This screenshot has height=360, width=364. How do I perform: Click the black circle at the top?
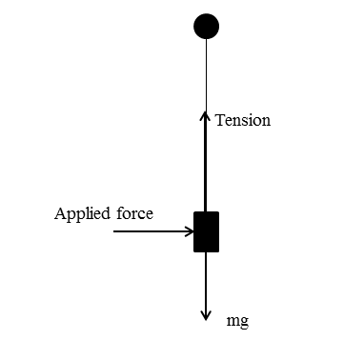[x=206, y=26]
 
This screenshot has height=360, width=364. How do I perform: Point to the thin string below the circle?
[x=206, y=71]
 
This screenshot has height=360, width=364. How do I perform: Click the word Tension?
[x=243, y=121]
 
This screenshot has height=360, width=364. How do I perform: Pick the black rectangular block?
[x=207, y=231]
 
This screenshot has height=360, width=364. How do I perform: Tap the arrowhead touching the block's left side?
[x=190, y=230]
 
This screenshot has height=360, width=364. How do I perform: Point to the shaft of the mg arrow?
[x=206, y=281]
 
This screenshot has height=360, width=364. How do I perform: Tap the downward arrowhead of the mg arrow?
[x=206, y=315]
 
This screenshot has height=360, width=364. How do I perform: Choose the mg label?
[x=238, y=321]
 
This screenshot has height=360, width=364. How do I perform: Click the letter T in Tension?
[x=220, y=121]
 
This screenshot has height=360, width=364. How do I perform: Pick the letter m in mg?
[x=233, y=321]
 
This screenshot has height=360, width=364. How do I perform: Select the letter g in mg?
[x=245, y=323]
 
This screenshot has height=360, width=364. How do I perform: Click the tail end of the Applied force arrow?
[x=114, y=230]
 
